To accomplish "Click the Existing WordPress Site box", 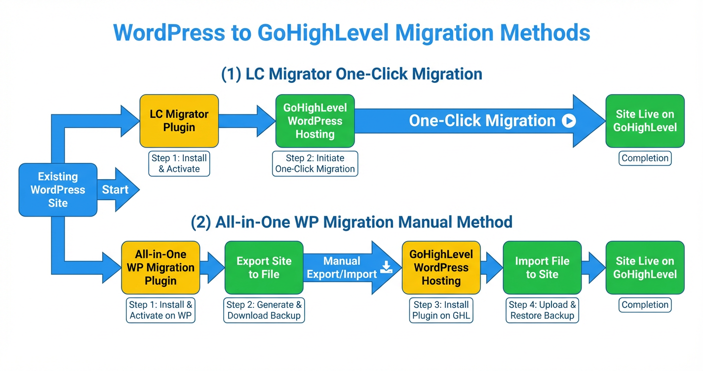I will pos(58,190).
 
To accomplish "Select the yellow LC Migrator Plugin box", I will pos(179,121).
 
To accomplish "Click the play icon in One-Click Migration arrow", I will pos(569,121).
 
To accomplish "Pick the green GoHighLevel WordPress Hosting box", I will pos(315,121).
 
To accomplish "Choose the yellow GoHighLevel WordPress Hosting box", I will pos(441,268).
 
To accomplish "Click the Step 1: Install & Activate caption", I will pos(179,163).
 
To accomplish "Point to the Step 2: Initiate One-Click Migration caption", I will pos(315,163).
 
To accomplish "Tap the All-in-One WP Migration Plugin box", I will pos(160,268).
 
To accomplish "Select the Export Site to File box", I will pos(264,268).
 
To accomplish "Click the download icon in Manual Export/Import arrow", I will pos(386,267).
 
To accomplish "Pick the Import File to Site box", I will pos(542,268).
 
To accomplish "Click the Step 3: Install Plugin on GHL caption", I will pos(441,310).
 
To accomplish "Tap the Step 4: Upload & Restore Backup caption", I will pos(542,310).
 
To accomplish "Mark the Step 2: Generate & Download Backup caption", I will pos(264,310).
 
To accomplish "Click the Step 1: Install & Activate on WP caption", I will pos(160,310).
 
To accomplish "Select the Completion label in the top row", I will pos(645,158).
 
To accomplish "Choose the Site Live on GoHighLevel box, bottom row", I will pos(645,268).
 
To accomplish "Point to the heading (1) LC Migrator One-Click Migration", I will pos(351,74).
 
